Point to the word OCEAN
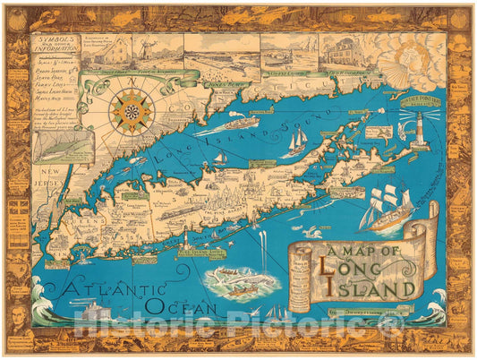[x=183, y=307]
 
